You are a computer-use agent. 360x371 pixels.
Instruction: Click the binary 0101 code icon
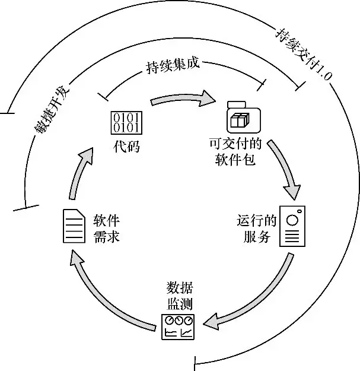[x=126, y=121]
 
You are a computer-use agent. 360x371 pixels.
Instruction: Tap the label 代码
[x=126, y=146]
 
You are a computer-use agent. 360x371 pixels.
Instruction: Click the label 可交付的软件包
[x=236, y=152]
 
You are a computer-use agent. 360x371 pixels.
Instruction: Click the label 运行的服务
[x=256, y=229]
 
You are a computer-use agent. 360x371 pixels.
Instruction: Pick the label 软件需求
[x=107, y=228]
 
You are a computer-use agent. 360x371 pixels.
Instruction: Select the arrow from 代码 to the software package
[x=181, y=98]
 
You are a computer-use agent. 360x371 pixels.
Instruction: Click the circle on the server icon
[x=292, y=219]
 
